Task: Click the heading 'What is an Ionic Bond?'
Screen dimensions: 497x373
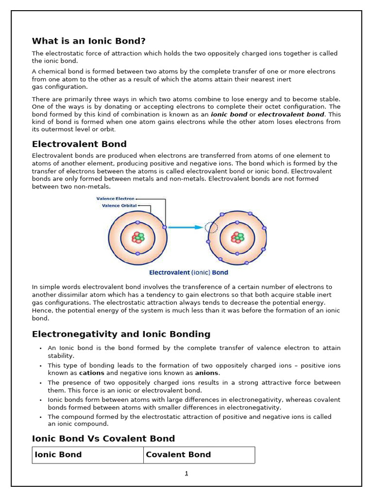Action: (x=88, y=41)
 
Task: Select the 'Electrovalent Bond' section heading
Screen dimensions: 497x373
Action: (x=79, y=144)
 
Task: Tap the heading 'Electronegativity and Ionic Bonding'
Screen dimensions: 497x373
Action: (x=121, y=334)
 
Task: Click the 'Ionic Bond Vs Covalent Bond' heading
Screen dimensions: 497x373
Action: (x=103, y=438)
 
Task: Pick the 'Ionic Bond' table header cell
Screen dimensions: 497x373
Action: (x=58, y=455)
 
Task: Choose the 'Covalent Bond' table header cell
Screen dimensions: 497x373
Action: (x=178, y=455)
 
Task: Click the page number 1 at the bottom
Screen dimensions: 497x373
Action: (x=186, y=473)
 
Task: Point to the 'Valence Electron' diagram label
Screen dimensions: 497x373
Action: (x=115, y=199)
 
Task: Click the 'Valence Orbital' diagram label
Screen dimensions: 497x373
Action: (x=119, y=205)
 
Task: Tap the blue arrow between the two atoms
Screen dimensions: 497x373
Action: (x=186, y=227)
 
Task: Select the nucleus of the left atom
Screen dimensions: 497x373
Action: (x=138, y=238)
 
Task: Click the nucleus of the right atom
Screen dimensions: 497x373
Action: (x=237, y=238)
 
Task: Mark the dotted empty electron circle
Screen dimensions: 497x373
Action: (x=211, y=227)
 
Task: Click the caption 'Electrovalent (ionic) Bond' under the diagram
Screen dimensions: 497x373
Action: (x=188, y=273)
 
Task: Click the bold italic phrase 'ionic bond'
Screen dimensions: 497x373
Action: (x=229, y=115)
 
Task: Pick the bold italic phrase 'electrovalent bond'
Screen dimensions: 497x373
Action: (x=291, y=115)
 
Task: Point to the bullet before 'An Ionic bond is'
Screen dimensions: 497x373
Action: (x=39, y=348)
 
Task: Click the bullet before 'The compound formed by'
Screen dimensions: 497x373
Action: (x=39, y=417)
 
